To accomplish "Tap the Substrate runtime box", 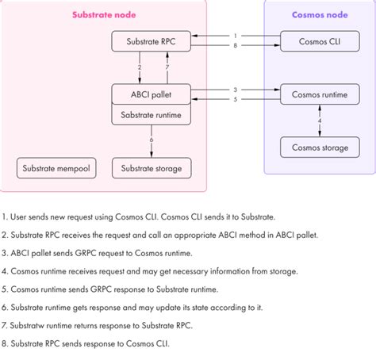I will (151, 115).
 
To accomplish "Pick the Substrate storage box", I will (151, 168).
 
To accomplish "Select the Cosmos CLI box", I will (319, 41).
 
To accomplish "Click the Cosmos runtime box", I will (319, 94).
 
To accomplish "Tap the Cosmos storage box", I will (319, 147).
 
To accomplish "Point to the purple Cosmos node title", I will (319, 14).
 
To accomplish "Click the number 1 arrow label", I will (235, 35).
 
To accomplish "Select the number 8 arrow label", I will (235, 47).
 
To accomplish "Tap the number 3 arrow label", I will (235, 89).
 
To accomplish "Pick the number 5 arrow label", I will (235, 100).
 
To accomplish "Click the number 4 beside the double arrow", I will (320, 121).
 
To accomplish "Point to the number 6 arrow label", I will (152, 140).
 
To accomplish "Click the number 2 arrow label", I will (140, 68).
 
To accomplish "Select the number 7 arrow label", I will (167, 68).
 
